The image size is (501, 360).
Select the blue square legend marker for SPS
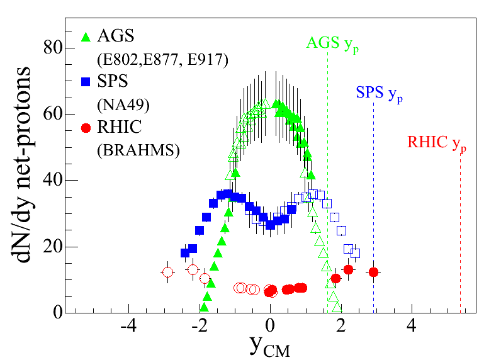[x=87, y=81]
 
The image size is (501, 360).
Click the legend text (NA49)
[x=122, y=104]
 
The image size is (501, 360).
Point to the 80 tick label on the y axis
[x=53, y=48]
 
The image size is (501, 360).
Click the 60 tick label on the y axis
[x=53, y=114]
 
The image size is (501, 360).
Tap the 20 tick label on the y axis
[x=53, y=247]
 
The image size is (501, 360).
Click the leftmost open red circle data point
[x=167, y=273]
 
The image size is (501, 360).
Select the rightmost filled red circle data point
[x=373, y=272]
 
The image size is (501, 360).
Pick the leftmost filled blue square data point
[x=185, y=253]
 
